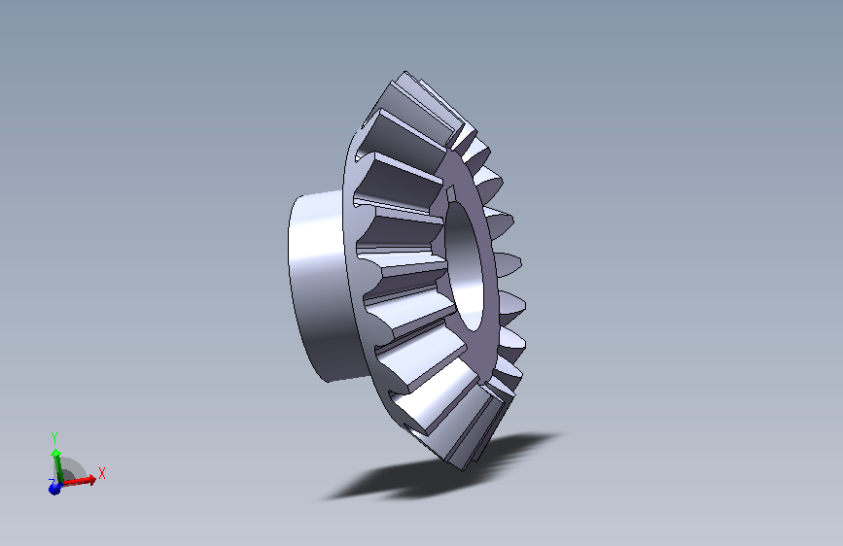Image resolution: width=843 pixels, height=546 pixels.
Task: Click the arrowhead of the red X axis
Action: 92,478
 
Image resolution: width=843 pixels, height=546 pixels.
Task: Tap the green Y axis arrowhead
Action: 55,454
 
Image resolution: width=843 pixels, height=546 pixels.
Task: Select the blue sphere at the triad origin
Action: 54,488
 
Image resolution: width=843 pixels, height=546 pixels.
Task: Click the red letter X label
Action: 102,473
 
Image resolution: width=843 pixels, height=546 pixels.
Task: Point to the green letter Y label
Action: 54,438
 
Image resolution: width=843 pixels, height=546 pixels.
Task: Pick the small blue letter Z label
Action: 51,482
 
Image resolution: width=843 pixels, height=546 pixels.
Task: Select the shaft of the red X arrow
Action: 75,482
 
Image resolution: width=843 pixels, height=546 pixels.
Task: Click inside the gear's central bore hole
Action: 466,263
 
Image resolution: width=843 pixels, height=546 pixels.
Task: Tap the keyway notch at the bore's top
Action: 450,192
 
